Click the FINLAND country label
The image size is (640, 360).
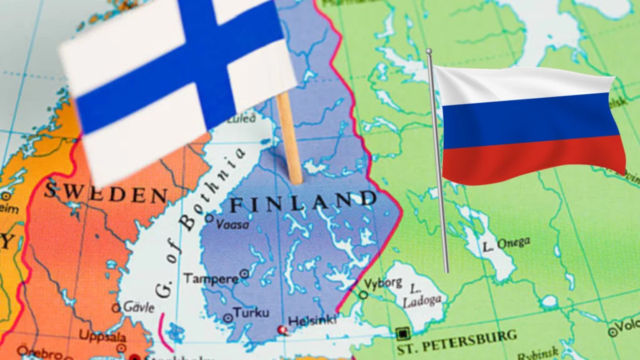point(303,202)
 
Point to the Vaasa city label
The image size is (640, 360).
point(232,224)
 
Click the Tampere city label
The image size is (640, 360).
point(211,278)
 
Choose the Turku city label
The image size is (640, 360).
point(251,312)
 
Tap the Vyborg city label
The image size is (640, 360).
point(383,282)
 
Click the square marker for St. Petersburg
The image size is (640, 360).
point(402,333)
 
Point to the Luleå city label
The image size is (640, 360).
point(241,118)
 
